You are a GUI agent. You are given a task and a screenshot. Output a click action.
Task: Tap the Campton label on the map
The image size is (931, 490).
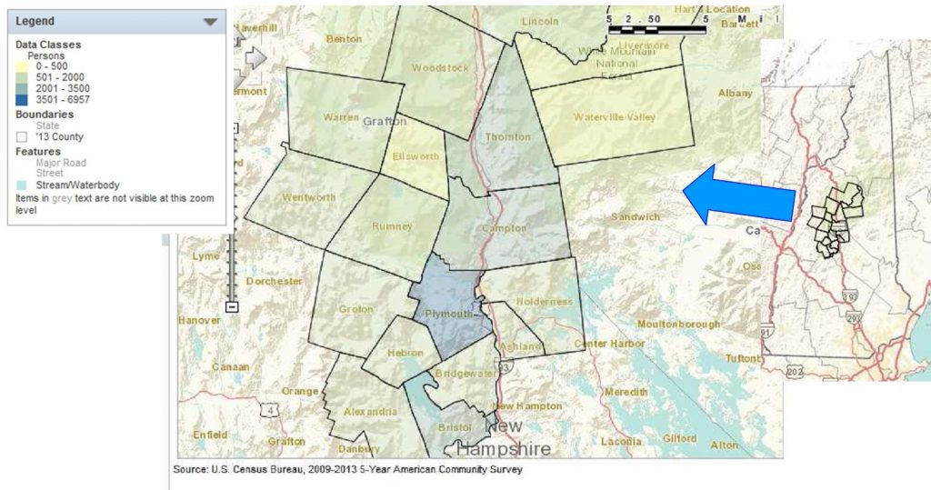pos(504,228)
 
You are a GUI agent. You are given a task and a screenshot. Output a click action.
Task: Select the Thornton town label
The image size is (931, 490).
pos(507,137)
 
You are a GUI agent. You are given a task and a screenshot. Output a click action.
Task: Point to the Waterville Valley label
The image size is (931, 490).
pos(615,117)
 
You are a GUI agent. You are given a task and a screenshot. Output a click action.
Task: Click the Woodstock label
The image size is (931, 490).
pos(440,68)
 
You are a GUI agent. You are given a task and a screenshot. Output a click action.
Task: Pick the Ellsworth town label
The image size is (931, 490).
pos(415,156)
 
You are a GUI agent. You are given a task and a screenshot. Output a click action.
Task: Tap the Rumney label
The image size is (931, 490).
pos(394,226)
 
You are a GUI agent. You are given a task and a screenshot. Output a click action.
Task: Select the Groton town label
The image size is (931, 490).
pos(356,309)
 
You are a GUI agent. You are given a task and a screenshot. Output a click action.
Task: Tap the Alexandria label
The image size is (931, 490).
pos(370,412)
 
